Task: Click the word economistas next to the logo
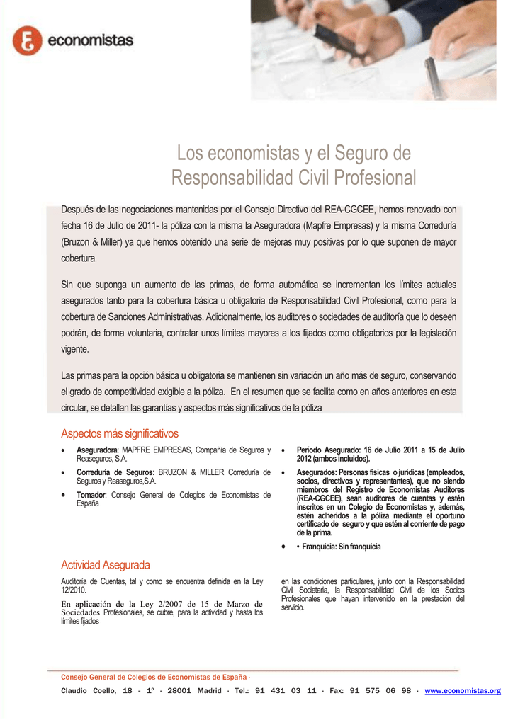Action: (90, 41)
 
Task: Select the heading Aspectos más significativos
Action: (120, 433)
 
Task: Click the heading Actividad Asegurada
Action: (106, 565)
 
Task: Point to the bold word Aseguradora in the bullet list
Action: (97, 450)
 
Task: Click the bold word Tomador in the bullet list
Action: (91, 495)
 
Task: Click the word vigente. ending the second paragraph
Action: (75, 349)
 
